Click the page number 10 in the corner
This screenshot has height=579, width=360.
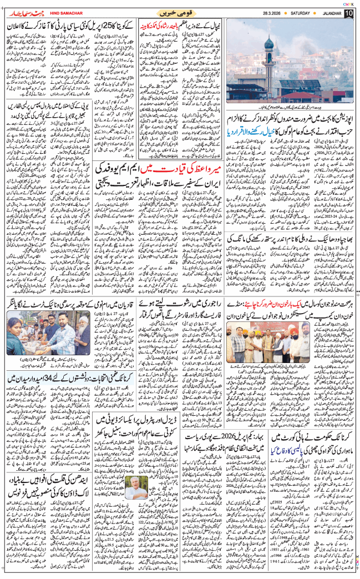tap(348, 13)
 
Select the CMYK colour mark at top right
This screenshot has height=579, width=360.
tap(348, 3)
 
